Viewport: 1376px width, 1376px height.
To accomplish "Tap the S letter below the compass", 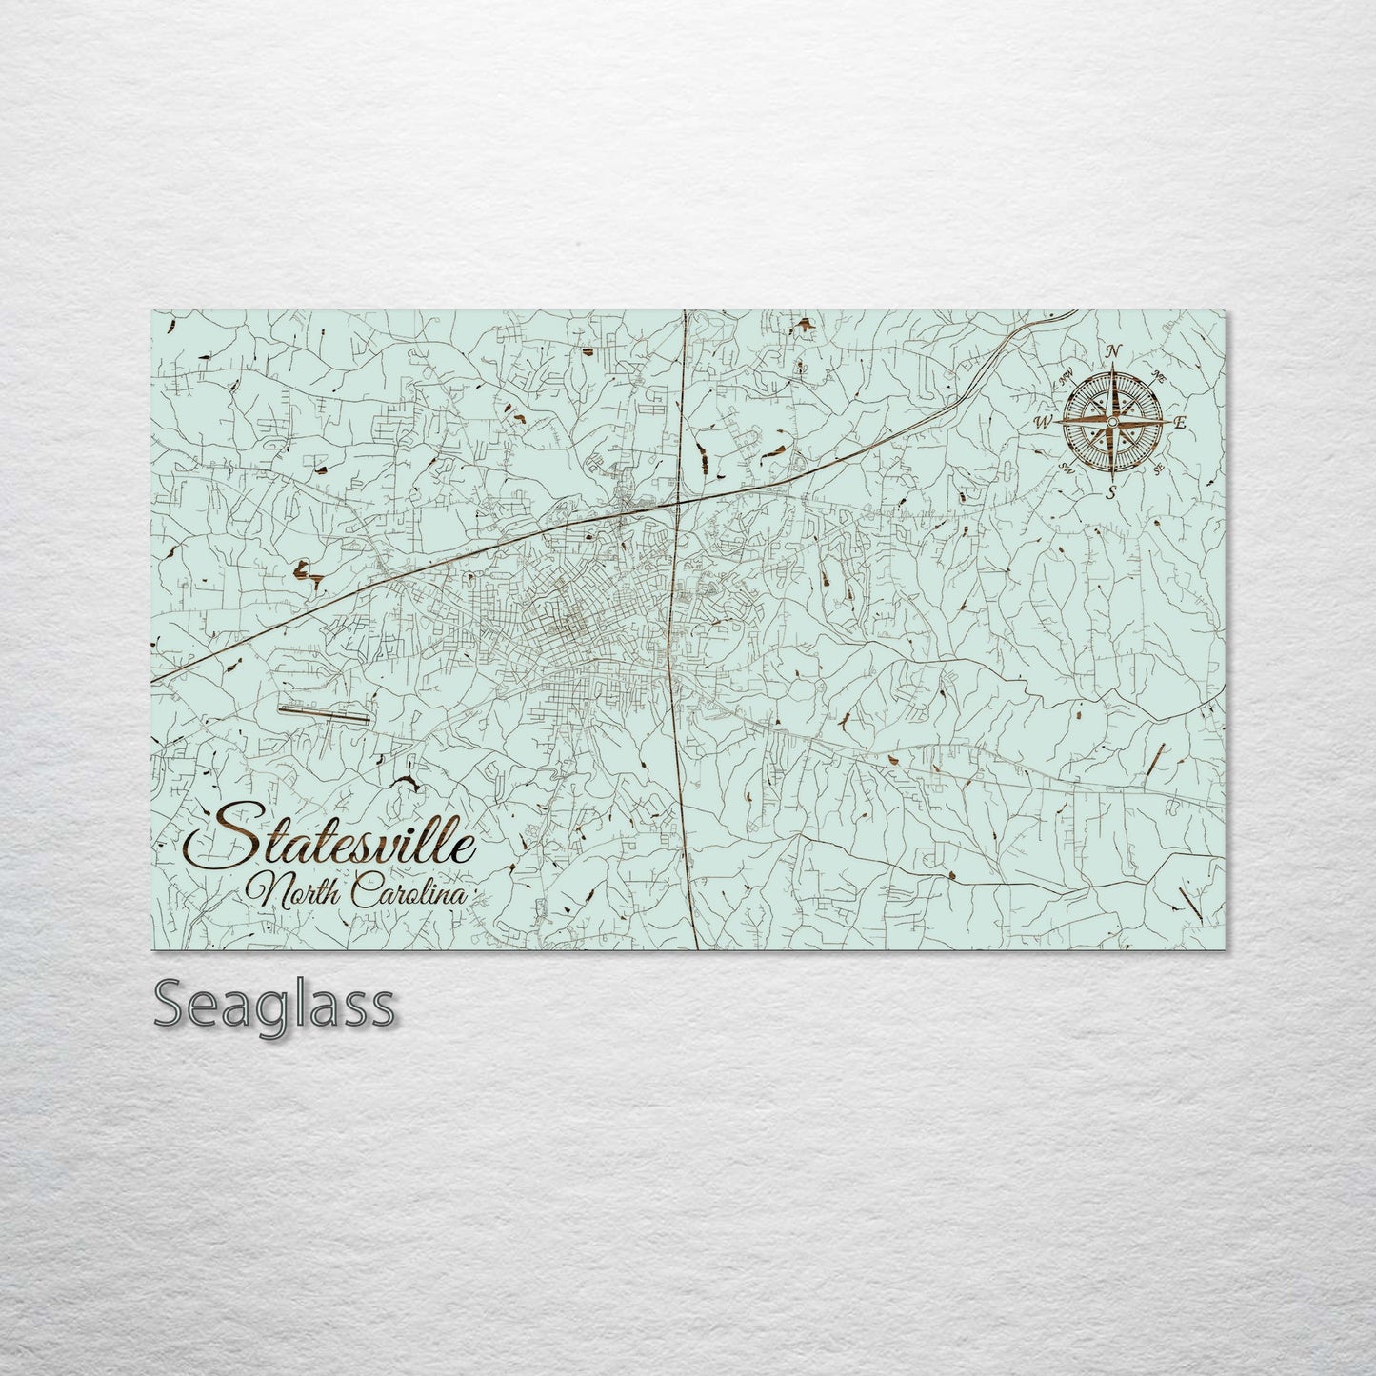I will [1110, 491].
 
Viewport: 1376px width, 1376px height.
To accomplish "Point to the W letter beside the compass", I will [1045, 420].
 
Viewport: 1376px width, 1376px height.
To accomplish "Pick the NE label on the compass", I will [1159, 375].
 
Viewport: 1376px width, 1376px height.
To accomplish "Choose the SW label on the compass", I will [1066, 467].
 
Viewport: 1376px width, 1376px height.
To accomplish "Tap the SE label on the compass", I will [1158, 469].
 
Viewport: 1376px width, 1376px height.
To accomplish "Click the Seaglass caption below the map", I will [272, 1003].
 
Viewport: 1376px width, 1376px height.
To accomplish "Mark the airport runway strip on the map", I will [323, 710].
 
